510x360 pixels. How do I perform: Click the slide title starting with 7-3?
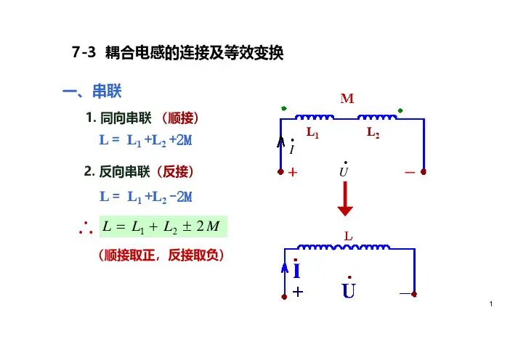[x=178, y=53]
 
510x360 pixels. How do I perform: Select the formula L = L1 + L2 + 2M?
[x=145, y=140]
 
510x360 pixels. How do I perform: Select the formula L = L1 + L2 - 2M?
[x=145, y=197]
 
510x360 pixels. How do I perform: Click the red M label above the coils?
[x=347, y=99]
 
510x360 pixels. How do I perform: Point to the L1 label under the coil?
[x=313, y=134]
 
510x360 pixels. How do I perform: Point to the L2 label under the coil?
[x=373, y=134]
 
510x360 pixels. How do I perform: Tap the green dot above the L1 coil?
[x=284, y=109]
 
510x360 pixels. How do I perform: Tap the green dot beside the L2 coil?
[x=400, y=111]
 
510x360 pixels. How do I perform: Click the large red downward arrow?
[x=345, y=200]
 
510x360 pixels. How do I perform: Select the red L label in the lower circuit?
[x=348, y=237]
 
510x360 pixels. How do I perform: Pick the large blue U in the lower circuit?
[x=349, y=291]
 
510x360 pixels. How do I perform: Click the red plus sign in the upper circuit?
[x=294, y=173]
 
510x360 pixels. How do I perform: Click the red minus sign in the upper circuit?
[x=410, y=173]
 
